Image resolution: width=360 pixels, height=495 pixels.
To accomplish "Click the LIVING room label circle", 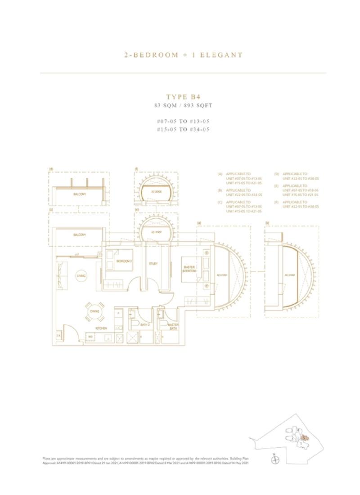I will [81, 276].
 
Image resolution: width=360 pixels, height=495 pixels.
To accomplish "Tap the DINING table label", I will [95, 311].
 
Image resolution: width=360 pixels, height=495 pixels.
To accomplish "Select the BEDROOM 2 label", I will [124, 261].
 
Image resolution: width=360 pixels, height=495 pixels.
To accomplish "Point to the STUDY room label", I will [153, 264].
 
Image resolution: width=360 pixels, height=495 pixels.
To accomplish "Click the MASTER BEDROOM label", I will [189, 269].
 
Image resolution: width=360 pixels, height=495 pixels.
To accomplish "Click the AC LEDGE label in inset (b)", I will [290, 274].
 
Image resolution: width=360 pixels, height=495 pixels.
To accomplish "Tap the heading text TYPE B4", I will [183, 96].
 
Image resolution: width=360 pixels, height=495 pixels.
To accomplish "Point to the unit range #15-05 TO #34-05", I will [183, 129].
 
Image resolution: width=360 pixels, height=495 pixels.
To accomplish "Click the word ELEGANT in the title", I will [221, 55].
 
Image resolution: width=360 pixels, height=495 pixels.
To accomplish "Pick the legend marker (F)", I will [276, 202].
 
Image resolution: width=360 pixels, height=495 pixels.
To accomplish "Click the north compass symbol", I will [276, 459].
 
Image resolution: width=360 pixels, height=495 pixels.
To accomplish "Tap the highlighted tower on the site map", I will [305, 437].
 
